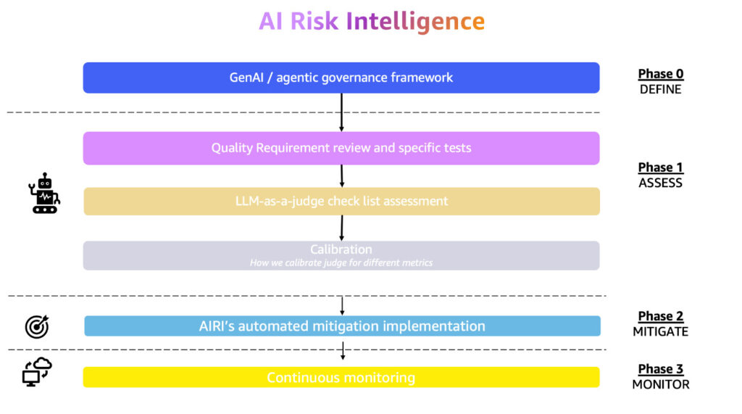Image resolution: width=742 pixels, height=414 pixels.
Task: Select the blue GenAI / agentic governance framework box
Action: [341, 78]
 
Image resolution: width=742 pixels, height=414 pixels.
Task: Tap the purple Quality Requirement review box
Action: [341, 148]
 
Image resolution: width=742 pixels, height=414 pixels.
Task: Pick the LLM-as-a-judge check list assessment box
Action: [341, 201]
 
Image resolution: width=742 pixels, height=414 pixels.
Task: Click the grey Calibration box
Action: [341, 255]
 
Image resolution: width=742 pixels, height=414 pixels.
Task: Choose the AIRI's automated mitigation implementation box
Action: [342, 326]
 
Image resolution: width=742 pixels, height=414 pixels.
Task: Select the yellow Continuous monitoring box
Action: [341, 377]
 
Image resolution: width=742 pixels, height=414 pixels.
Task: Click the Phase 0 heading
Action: [660, 74]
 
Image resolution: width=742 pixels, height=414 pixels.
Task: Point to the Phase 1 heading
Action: [660, 167]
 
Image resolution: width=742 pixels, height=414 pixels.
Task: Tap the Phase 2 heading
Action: [660, 316]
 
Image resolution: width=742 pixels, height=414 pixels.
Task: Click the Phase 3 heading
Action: [660, 369]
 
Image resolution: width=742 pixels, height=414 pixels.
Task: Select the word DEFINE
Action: [660, 90]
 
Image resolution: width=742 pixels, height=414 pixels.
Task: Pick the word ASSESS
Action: [660, 183]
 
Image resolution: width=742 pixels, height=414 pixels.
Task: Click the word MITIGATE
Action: [660, 331]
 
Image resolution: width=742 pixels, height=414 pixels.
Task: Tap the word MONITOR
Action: [660, 384]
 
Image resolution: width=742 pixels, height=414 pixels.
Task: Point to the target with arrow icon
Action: [37, 327]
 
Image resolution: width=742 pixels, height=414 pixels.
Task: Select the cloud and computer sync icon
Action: [37, 371]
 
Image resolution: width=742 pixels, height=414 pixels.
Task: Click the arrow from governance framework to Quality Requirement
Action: [341, 112]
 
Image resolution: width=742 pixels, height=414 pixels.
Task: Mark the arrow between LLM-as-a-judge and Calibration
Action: [341, 228]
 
